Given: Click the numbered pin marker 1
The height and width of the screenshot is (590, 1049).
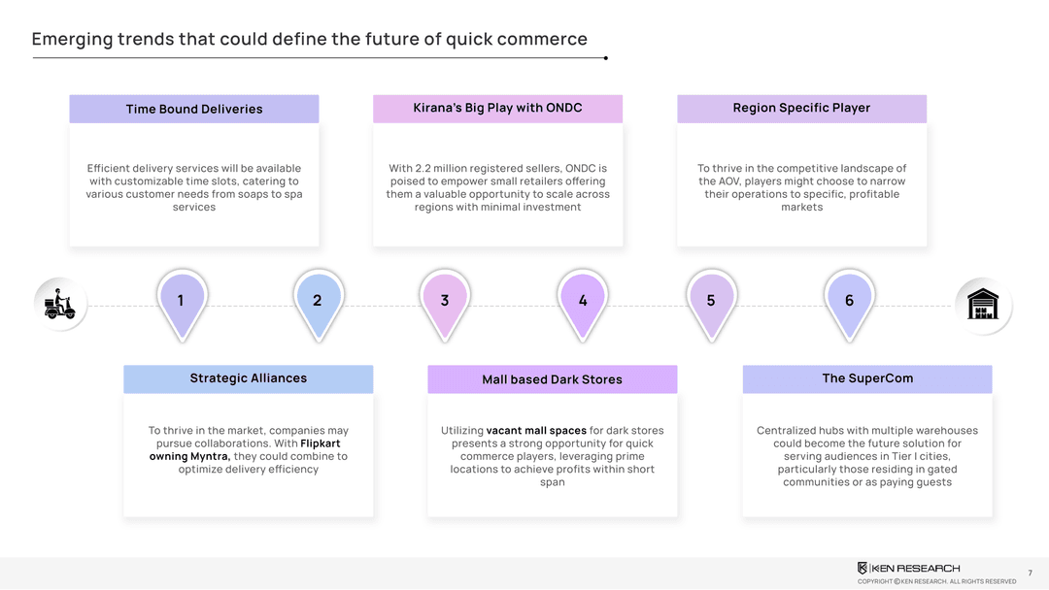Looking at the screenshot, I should pos(181,301).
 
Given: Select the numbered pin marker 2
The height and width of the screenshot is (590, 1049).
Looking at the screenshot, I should pos(318,301).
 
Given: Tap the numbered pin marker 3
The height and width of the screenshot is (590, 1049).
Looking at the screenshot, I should pos(445,301).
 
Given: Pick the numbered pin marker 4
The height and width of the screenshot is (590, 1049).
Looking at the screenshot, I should pos(583,301).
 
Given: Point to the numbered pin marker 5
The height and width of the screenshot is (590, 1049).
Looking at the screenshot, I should pos(711,301).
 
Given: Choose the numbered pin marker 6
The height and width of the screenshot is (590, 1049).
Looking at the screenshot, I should pos(849,301).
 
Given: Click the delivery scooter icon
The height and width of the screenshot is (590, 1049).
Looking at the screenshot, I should pos(60,304).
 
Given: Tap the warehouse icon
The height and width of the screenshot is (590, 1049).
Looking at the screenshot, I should pos(983,304).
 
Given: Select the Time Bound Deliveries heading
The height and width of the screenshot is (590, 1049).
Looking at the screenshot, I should pos(194,109).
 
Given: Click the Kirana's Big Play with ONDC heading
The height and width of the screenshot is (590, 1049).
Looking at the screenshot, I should pos(497,108).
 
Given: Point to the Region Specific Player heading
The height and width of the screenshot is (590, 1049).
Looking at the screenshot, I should pos(801,108).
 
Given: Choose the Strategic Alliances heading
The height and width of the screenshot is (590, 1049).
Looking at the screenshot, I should pos(248,378).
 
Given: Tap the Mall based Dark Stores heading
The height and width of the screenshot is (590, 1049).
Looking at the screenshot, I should pos(552,379).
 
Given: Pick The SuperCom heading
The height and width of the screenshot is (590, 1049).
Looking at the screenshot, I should pos(867,378).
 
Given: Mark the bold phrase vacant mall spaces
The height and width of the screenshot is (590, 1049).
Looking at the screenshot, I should pos(536,431).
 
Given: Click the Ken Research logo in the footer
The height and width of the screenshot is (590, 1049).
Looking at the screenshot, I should pos(908,568).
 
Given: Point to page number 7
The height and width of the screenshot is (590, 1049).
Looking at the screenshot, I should pos(1030,574).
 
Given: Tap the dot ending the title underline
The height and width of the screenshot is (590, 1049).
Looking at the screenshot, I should pos(605,58).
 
